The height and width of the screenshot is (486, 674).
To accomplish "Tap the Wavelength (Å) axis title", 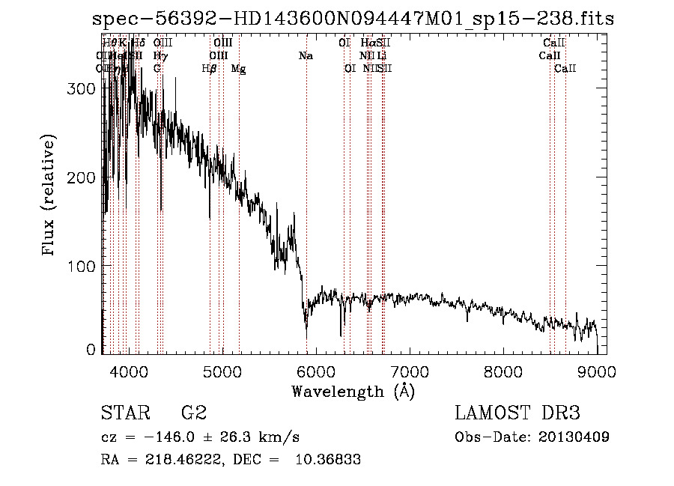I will tap(353, 391).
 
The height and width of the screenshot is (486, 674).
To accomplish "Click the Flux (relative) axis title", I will tap(49, 196).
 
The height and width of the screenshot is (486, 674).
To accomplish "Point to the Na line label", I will tap(306, 55).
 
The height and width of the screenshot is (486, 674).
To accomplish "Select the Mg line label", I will tap(238, 69).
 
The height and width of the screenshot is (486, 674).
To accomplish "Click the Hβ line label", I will tap(210, 69).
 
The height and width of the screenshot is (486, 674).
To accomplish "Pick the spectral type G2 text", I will tap(194, 413).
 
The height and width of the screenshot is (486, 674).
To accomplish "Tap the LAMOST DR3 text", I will tap(517, 413).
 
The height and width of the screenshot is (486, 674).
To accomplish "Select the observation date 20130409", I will tap(573, 437).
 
